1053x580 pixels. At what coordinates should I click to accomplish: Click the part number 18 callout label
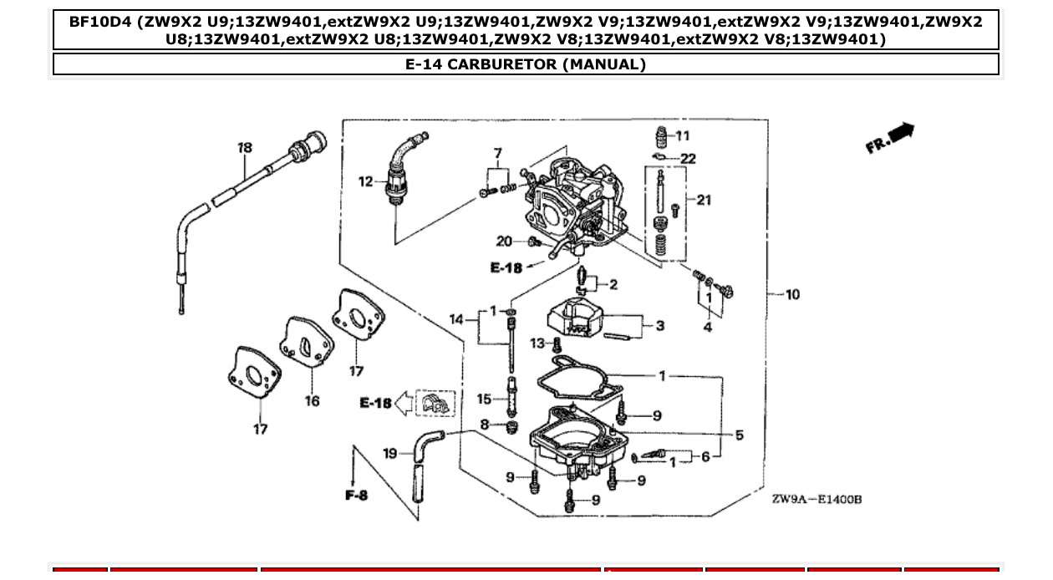click(244, 148)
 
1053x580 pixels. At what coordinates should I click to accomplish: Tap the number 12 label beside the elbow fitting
click(366, 181)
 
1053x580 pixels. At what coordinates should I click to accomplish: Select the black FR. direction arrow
click(902, 132)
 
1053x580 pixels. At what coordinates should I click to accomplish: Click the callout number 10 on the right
click(792, 294)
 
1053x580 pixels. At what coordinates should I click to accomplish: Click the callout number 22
click(688, 159)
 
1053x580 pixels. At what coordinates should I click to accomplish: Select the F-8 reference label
click(356, 496)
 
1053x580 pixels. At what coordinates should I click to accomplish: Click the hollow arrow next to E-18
click(404, 404)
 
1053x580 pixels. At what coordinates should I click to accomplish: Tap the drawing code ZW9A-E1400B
click(816, 499)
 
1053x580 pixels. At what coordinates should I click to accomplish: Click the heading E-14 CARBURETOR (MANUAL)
click(526, 64)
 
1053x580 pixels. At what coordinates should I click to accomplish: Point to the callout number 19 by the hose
click(390, 453)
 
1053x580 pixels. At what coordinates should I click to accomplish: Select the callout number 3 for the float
click(659, 325)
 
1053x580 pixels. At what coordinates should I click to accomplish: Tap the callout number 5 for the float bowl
click(739, 435)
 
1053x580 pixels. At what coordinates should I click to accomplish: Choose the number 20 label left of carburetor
click(504, 242)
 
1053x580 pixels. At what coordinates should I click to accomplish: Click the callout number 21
click(704, 200)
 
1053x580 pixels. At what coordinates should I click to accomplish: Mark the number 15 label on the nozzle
click(485, 399)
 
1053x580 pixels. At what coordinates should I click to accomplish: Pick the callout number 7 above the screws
click(498, 154)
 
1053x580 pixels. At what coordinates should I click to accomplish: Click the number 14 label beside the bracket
click(456, 319)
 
